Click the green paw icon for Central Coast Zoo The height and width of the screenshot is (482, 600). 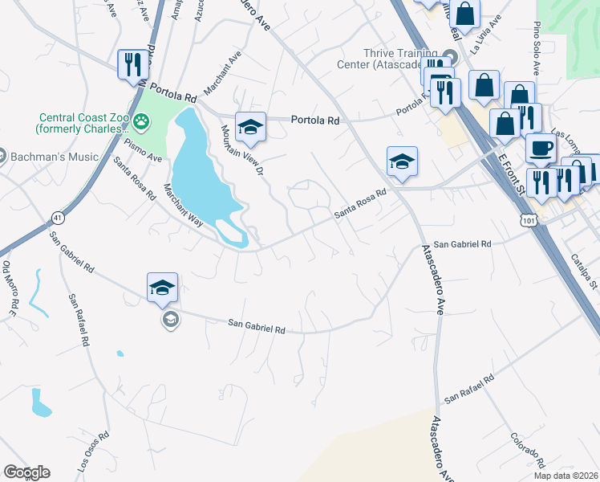142,121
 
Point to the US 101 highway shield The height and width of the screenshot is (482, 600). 525,219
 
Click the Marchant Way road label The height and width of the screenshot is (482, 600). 180,205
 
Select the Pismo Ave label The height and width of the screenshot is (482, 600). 144,150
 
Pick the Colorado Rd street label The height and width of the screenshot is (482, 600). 528,450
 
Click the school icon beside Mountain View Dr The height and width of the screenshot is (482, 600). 250,125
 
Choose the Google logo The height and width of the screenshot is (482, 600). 26,472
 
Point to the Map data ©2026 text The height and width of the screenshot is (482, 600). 566,476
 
